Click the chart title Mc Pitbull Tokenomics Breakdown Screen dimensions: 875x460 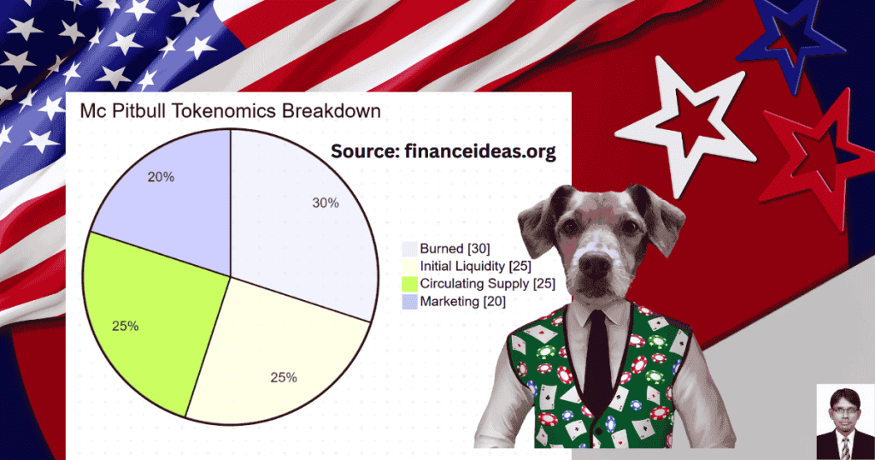point(230,110)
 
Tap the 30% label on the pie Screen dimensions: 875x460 point(326,203)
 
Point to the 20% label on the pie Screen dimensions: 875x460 point(161,177)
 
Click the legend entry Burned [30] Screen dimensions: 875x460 point(446,249)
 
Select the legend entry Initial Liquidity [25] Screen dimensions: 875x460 point(467,266)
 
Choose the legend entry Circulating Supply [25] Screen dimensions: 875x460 point(479,284)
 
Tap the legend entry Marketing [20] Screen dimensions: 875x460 point(454,302)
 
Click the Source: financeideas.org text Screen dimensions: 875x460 point(443,151)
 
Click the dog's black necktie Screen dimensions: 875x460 point(596,357)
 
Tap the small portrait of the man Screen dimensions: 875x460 point(845,422)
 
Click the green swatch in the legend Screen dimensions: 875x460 point(410,284)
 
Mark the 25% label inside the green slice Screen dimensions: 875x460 point(125,326)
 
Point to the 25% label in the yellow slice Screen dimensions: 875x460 point(284,378)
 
